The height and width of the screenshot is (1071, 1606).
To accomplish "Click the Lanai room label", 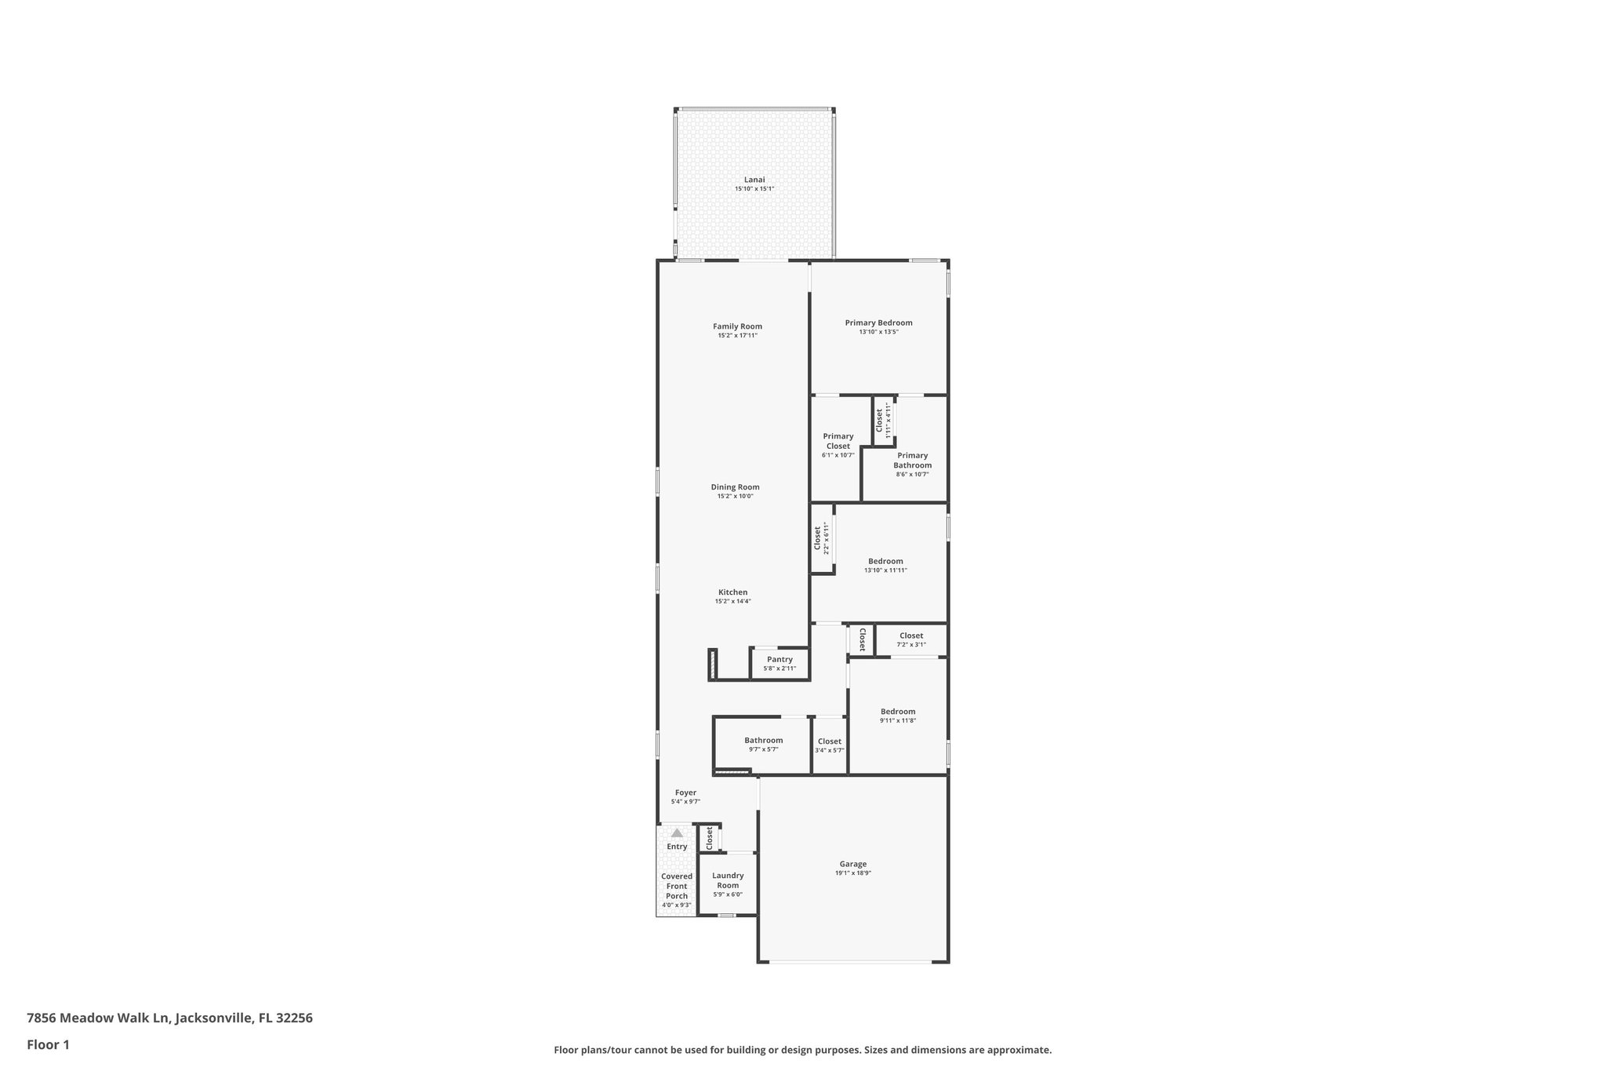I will click(754, 180).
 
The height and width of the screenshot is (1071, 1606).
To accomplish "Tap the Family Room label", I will click(737, 326).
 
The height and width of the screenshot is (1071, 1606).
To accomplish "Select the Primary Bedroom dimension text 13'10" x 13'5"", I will click(878, 332).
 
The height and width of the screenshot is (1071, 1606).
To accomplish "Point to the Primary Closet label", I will click(838, 441).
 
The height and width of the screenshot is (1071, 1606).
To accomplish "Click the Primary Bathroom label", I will click(912, 460).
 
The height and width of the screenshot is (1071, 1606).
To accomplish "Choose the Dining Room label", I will click(735, 487).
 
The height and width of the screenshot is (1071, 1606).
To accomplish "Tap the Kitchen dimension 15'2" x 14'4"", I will click(732, 602).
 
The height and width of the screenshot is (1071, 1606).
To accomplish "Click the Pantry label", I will click(779, 659).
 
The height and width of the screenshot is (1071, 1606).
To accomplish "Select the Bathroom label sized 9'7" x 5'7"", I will click(763, 740).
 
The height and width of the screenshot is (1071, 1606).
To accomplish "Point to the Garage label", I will click(853, 864).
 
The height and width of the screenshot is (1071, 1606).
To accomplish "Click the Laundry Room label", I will click(728, 880).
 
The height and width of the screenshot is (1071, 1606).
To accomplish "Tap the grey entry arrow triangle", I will click(677, 832).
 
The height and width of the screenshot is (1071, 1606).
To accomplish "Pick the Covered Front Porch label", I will click(677, 886).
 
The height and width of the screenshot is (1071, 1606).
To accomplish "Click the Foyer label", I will click(685, 792).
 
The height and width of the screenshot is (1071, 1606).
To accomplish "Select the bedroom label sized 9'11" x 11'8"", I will click(897, 712).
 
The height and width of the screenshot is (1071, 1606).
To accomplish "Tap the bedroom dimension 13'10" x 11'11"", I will click(885, 570).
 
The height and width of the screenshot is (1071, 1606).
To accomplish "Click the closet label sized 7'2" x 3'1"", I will click(910, 636).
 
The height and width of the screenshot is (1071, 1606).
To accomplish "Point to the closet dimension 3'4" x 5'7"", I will click(829, 751).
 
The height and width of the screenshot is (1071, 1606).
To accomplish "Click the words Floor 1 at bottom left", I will click(48, 1044).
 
